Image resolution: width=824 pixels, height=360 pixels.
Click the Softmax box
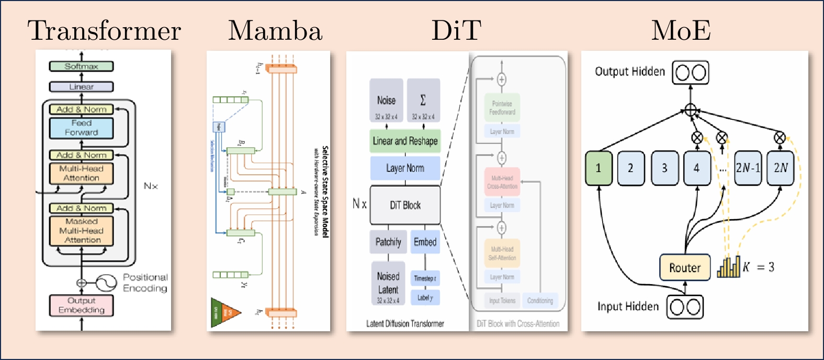click(x=81, y=66)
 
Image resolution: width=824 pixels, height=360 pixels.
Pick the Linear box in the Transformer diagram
click(x=81, y=87)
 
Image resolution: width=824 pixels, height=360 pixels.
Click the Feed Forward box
click(x=81, y=128)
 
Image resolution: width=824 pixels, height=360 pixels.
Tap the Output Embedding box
click(x=81, y=305)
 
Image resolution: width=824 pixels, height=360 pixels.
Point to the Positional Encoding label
click(x=145, y=283)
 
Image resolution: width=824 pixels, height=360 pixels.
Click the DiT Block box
click(x=405, y=205)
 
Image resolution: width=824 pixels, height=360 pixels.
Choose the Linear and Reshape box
click(x=405, y=141)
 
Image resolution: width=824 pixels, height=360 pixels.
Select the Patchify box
click(x=388, y=242)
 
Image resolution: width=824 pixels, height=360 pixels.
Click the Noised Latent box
click(x=388, y=283)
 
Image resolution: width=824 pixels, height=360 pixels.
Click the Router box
click(x=685, y=268)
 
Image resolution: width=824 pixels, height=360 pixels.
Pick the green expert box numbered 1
click(x=598, y=168)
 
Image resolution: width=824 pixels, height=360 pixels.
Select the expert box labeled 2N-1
click(x=748, y=168)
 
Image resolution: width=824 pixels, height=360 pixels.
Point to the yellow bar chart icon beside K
click(x=729, y=267)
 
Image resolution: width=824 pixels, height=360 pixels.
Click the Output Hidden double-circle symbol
click(x=691, y=73)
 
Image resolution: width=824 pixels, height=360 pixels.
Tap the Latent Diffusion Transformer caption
click(x=405, y=324)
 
